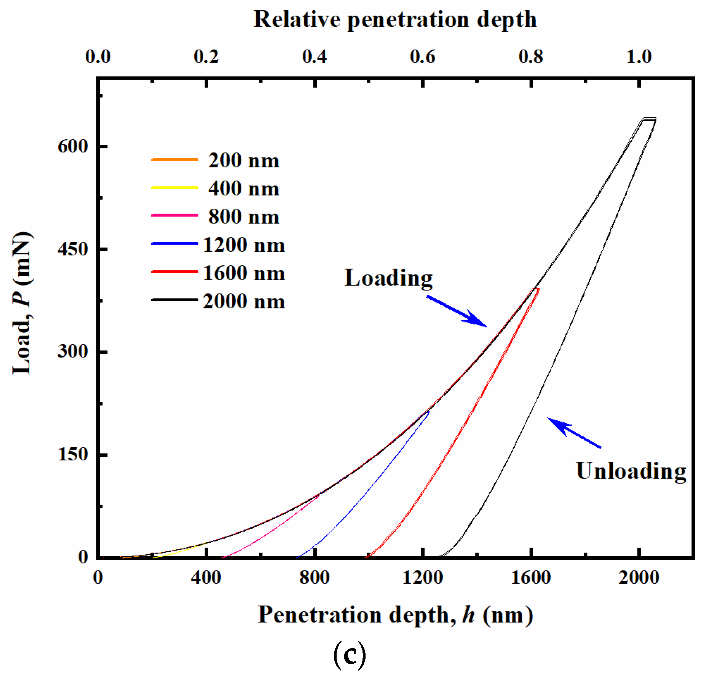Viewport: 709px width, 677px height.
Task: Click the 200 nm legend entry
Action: coord(244,160)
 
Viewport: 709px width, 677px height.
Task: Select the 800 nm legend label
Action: coord(244,216)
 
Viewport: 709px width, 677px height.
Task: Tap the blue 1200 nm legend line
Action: coord(174,243)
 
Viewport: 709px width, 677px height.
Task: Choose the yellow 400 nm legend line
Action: coord(174,188)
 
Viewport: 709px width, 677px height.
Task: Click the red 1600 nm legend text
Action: coord(244,273)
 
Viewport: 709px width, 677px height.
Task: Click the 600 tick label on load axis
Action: coord(73,146)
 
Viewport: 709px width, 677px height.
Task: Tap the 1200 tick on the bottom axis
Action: coord(422,577)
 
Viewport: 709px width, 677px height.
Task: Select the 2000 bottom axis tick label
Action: coord(639,577)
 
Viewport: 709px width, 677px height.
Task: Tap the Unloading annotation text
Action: coord(631,471)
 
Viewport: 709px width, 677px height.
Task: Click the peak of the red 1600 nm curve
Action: coord(537,289)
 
